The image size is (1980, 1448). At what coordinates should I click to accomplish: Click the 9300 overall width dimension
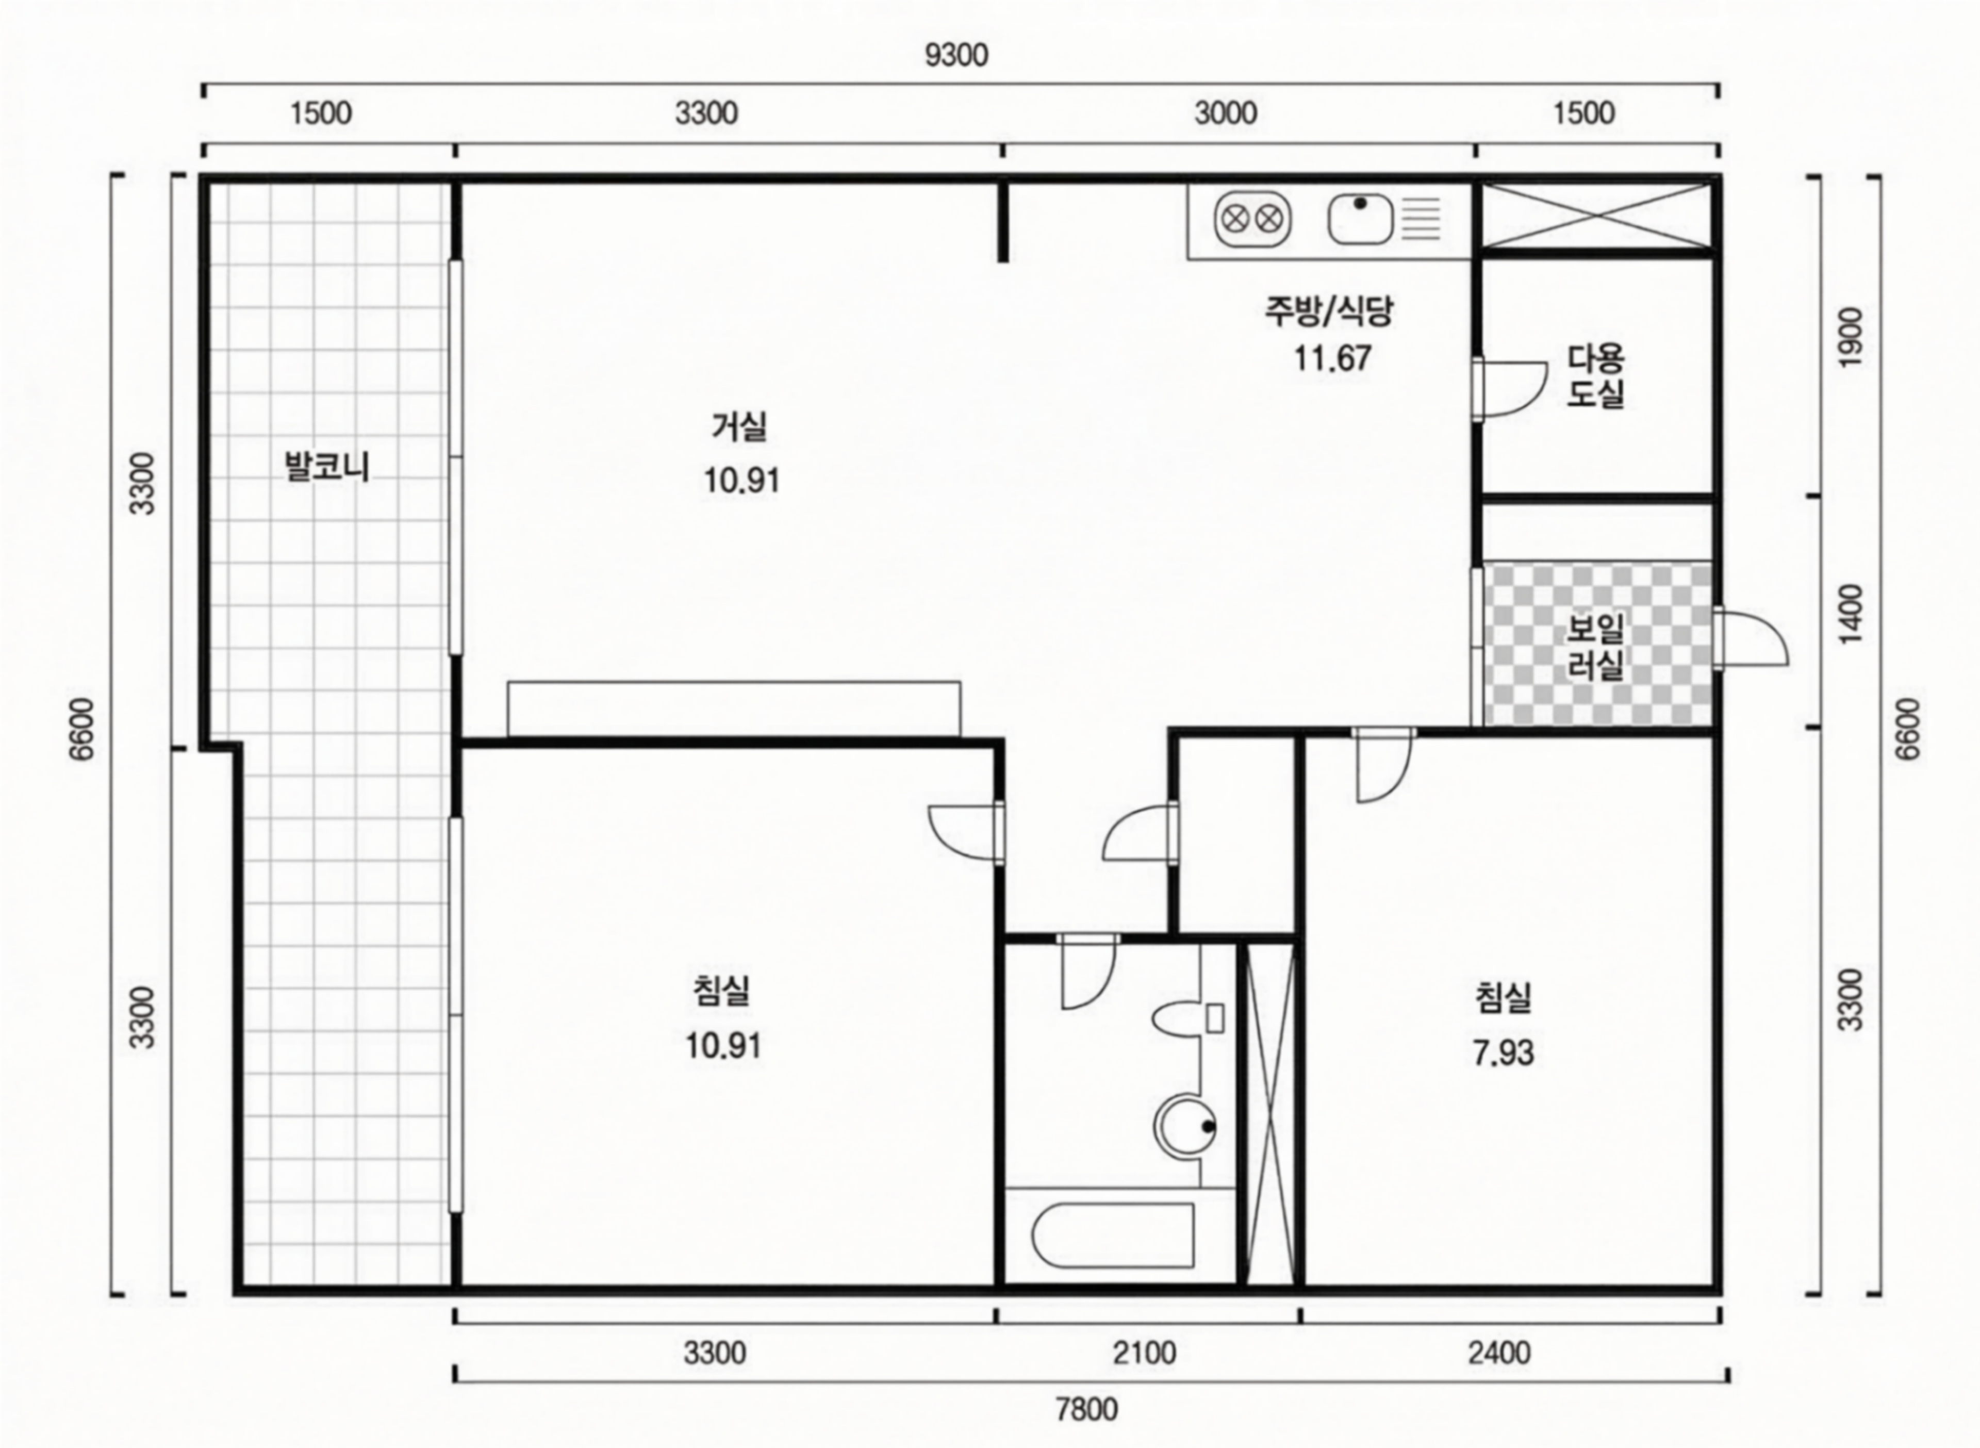pos(956,55)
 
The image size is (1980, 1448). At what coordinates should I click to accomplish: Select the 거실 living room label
pos(740,427)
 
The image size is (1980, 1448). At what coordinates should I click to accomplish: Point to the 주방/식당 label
pos(1329,311)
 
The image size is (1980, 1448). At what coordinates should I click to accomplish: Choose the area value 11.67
pos(1332,358)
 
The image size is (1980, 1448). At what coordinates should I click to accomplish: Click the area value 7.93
pos(1503,1052)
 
